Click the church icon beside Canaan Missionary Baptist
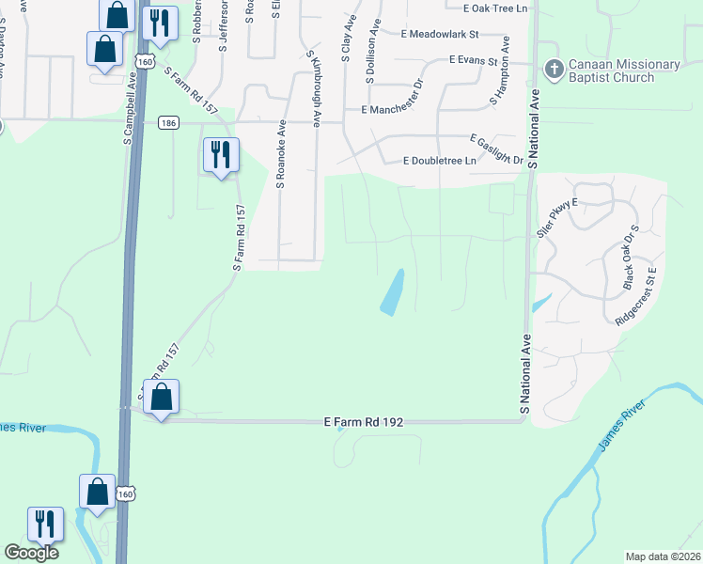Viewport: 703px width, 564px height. [554, 69]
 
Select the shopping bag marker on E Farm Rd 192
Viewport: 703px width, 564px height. [162, 398]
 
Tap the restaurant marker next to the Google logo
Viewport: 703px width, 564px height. [44, 524]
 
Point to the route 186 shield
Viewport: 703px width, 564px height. [168, 123]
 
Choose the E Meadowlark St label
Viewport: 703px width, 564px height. [440, 35]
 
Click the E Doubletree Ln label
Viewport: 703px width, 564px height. [440, 161]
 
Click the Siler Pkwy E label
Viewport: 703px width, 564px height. [556, 217]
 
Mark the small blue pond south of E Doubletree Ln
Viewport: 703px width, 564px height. [392, 292]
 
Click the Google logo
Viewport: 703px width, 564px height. [31, 553]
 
